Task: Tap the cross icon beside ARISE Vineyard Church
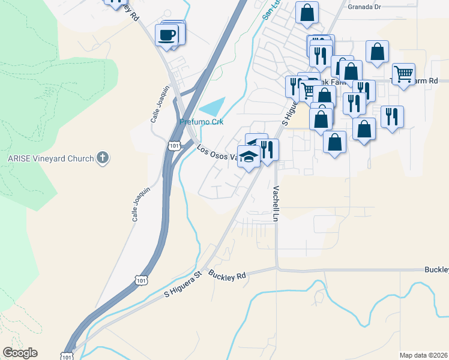pos(103,158)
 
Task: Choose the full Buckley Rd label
pos(228,276)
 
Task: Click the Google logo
pos(20,353)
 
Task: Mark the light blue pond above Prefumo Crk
pos(213,106)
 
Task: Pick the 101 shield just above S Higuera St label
pos(140,280)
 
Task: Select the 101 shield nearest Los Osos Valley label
pos(174,146)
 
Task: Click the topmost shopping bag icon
pos(307,11)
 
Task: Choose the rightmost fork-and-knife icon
pos(392,115)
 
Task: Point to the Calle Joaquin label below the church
pos(140,204)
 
